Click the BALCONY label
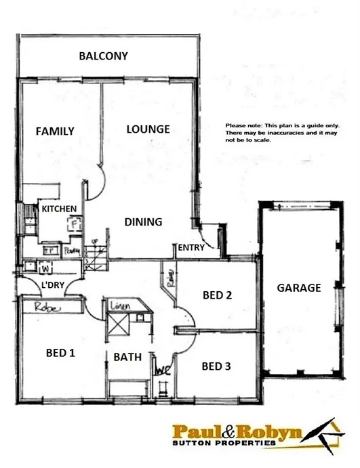point(103,56)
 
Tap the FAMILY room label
point(55,131)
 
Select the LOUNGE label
point(148,129)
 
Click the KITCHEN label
point(59,209)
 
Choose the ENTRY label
point(191,249)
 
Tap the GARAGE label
point(299,287)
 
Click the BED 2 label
point(218,295)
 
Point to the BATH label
point(127,357)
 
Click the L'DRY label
point(52,285)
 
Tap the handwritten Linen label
point(119,307)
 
